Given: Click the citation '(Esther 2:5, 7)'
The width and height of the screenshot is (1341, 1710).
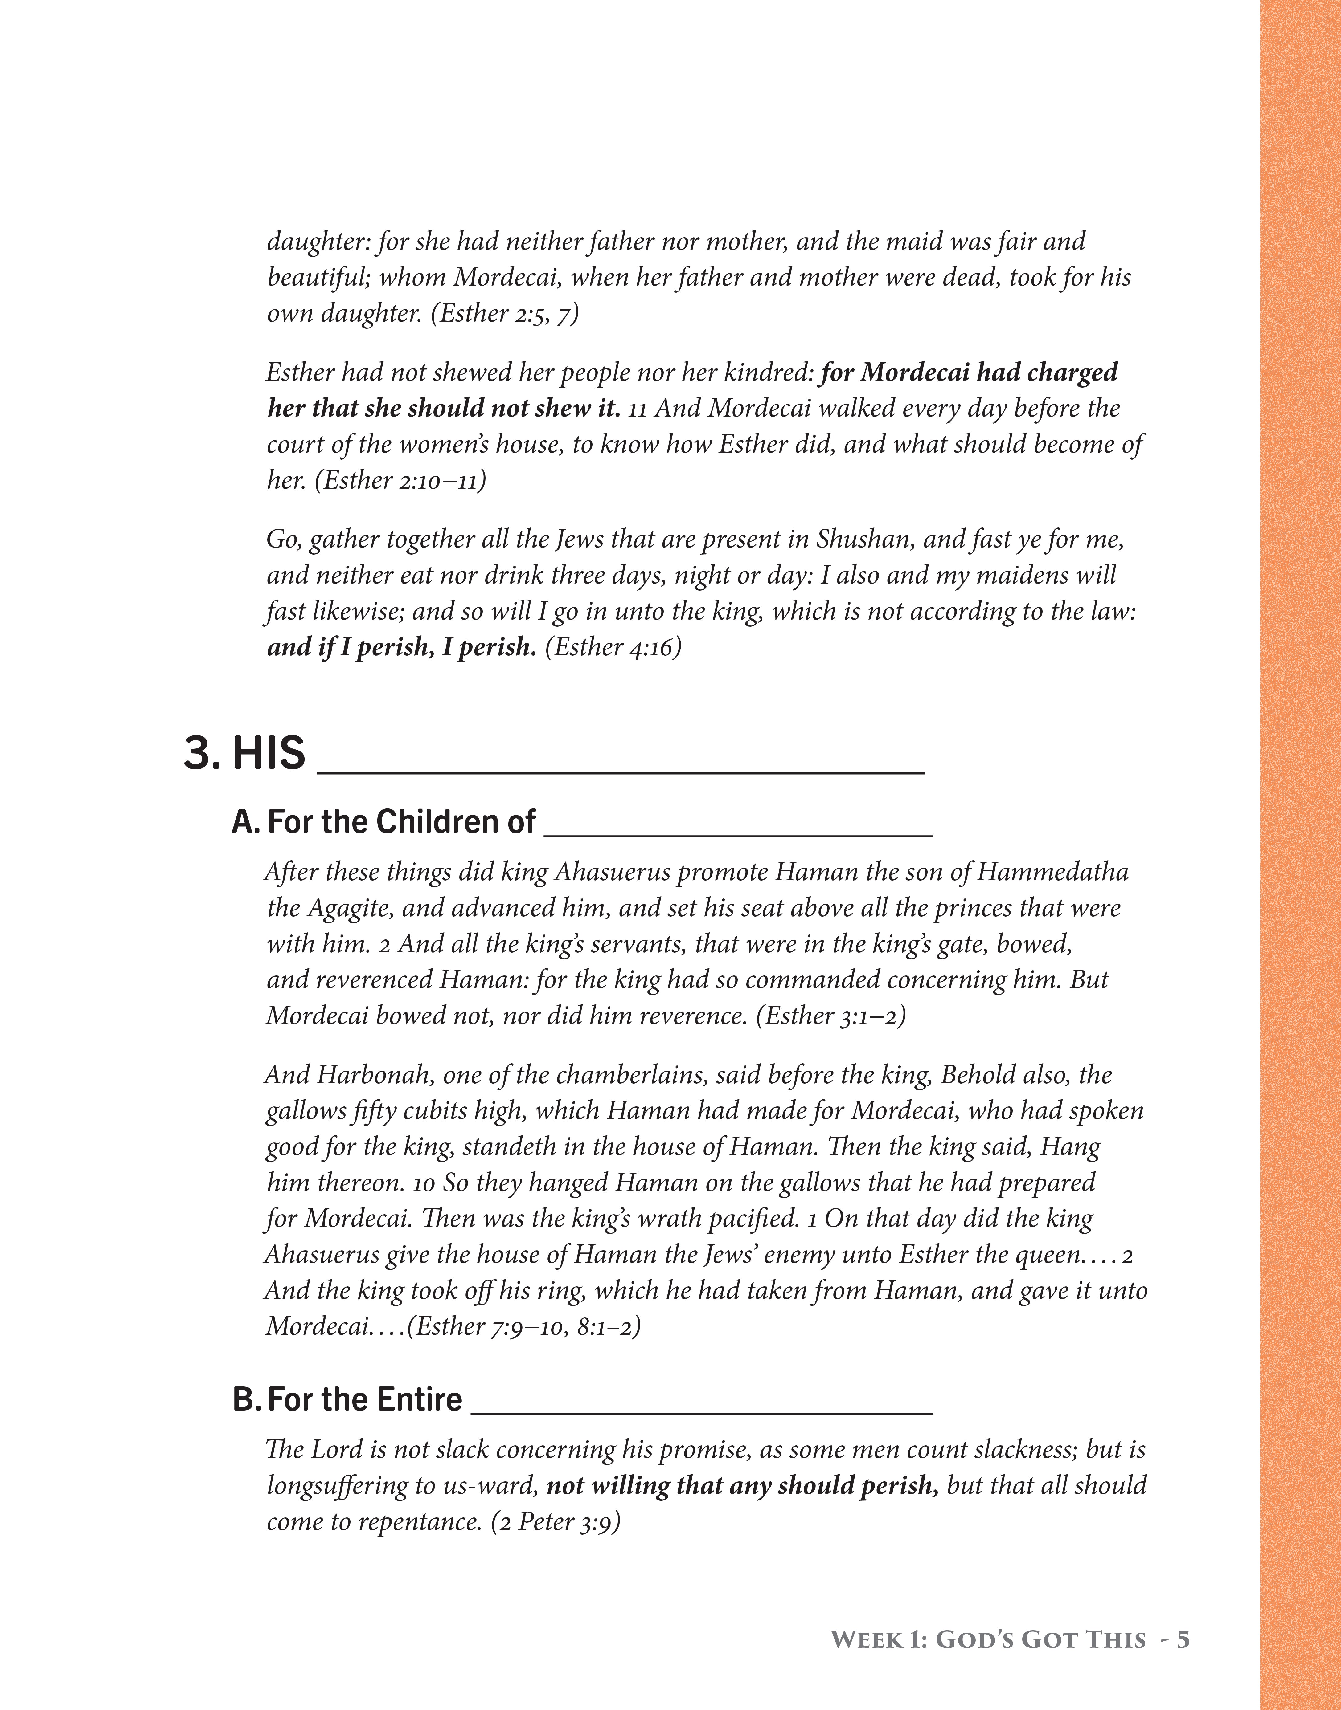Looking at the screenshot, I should pyautogui.click(x=505, y=313).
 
